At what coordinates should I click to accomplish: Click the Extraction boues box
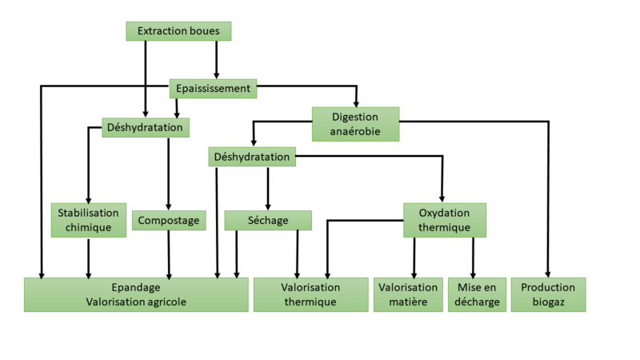coord(178,31)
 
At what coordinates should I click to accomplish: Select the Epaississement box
coord(213,88)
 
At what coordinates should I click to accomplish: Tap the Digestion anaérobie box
coord(355,124)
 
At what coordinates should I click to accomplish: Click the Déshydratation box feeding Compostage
coord(145,127)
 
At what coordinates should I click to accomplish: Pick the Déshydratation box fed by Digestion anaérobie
coord(252,157)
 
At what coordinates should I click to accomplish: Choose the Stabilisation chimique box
coord(89,220)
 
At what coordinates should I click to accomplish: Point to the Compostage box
coord(169,220)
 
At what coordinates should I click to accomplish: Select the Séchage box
coord(268,220)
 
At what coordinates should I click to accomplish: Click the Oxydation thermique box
coord(444,220)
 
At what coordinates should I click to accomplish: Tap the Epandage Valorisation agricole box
coord(136,294)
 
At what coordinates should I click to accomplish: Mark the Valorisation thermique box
coord(310,294)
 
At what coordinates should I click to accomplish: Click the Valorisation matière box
coord(408,294)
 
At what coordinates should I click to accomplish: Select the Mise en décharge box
coord(477,294)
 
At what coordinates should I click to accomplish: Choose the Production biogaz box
coord(548,294)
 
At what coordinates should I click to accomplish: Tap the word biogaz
coord(548,302)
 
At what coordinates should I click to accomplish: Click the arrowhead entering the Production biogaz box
coord(548,274)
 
